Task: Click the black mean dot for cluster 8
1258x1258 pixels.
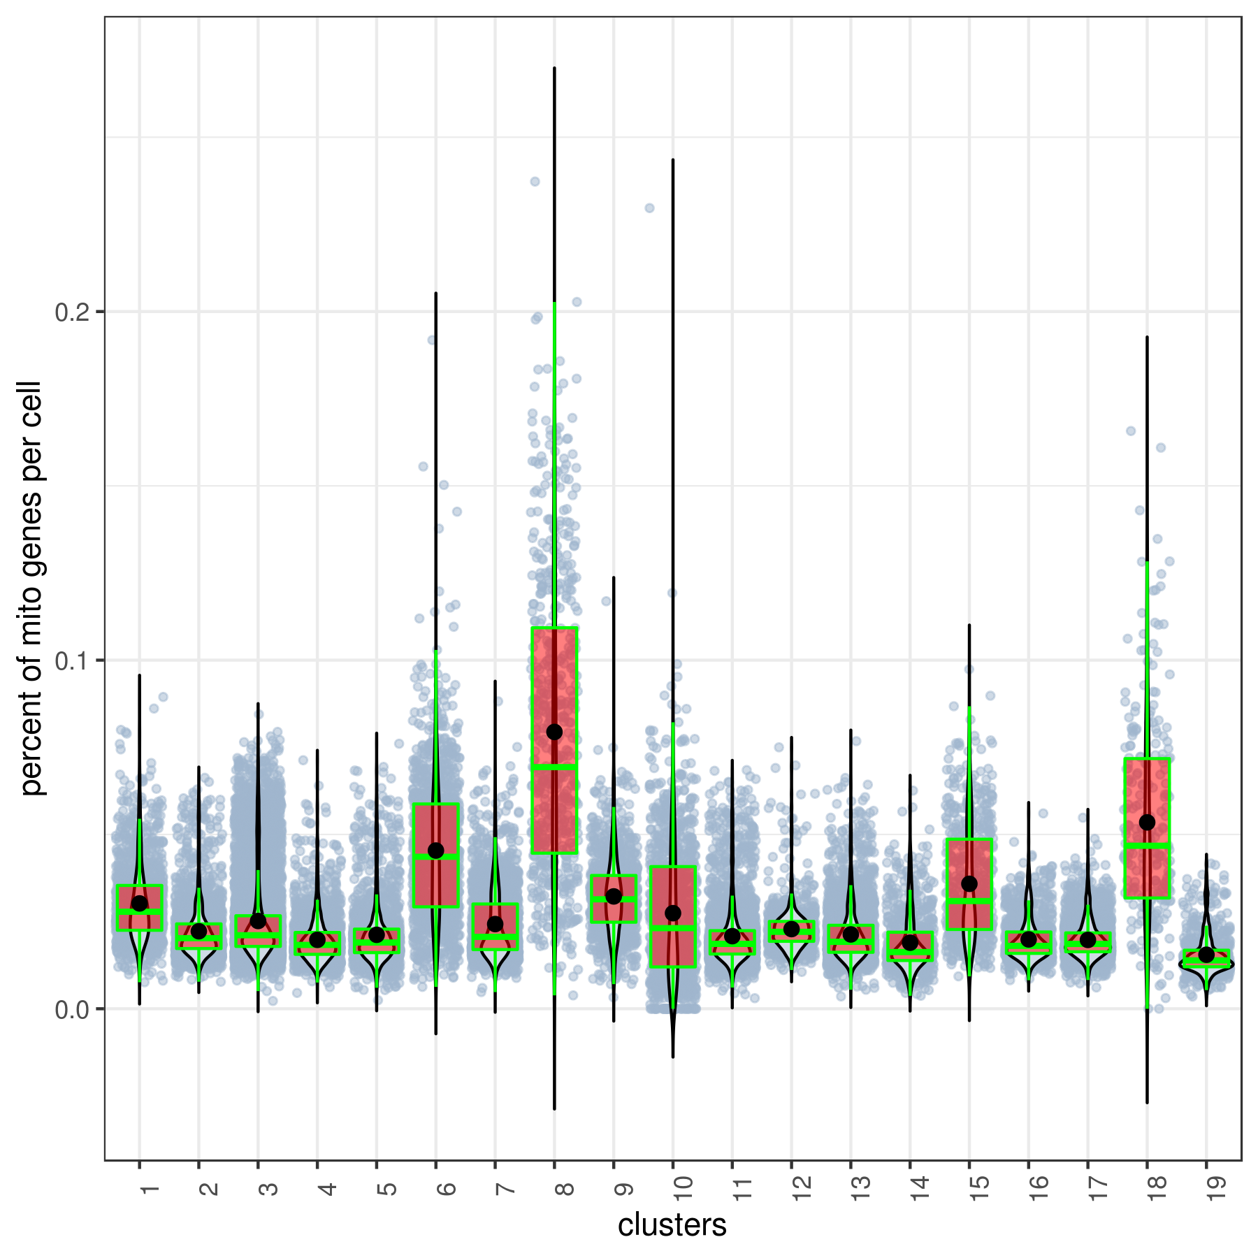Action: [554, 732]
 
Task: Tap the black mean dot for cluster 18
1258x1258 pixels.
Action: [1147, 822]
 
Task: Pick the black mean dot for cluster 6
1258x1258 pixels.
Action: [435, 850]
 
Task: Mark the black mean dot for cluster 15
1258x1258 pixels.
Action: [969, 883]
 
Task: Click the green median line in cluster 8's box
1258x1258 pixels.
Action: [554, 767]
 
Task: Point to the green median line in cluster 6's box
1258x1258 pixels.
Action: [435, 856]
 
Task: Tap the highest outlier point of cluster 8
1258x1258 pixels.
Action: [535, 182]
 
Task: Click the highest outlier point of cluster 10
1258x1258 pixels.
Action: [649, 208]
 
